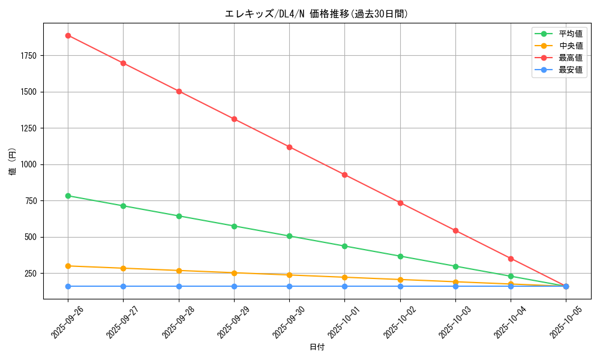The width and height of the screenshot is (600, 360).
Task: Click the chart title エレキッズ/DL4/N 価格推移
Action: (316, 14)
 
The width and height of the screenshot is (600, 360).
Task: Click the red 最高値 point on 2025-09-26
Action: (68, 35)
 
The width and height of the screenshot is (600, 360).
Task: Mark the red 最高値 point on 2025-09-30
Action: (289, 147)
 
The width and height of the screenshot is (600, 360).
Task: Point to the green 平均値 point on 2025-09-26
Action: (68, 196)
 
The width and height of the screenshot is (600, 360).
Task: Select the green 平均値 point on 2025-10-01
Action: (344, 246)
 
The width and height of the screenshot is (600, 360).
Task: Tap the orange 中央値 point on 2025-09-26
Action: (68, 266)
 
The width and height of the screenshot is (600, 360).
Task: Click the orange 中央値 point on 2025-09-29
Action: (234, 273)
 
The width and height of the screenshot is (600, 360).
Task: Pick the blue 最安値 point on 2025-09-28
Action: (179, 286)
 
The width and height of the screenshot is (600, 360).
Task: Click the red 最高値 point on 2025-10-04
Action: (511, 259)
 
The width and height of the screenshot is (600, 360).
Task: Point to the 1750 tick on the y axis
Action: (28, 56)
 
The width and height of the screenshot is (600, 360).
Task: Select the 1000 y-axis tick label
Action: (28, 164)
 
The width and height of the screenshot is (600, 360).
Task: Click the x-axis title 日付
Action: (317, 347)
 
